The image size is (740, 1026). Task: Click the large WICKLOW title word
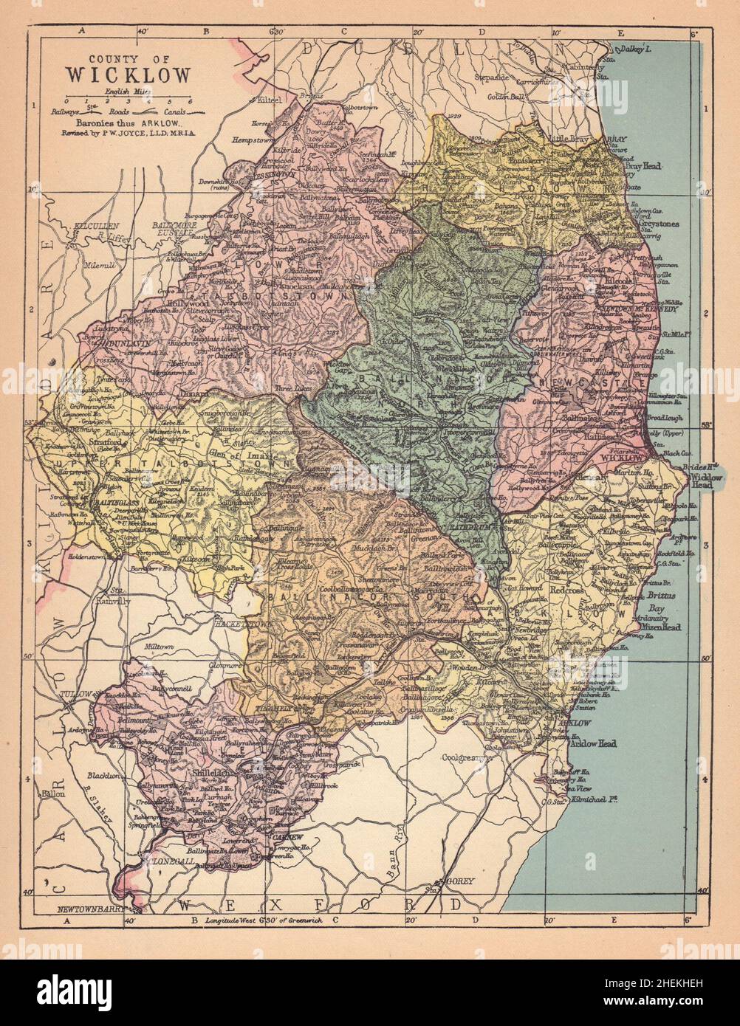[129, 75]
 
